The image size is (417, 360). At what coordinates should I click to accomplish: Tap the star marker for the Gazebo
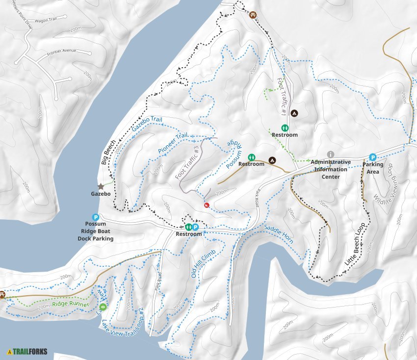tap(101, 186)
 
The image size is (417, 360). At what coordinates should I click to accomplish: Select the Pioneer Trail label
tap(173, 143)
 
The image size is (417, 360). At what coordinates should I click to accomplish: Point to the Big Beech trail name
tap(108, 154)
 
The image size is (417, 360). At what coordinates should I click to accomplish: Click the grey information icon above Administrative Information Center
tap(331, 154)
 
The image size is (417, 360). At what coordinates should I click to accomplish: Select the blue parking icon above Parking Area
tap(372, 157)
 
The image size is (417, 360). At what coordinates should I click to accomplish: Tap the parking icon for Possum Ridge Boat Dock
tap(96, 217)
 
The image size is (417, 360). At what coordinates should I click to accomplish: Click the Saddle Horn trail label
tap(278, 234)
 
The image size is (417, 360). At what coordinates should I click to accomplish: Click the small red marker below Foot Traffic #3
tap(207, 205)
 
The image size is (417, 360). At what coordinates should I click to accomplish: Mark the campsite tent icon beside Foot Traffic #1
tap(294, 113)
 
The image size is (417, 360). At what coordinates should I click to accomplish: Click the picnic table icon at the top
tap(253, 15)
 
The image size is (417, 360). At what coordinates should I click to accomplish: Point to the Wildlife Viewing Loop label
tap(385, 186)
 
